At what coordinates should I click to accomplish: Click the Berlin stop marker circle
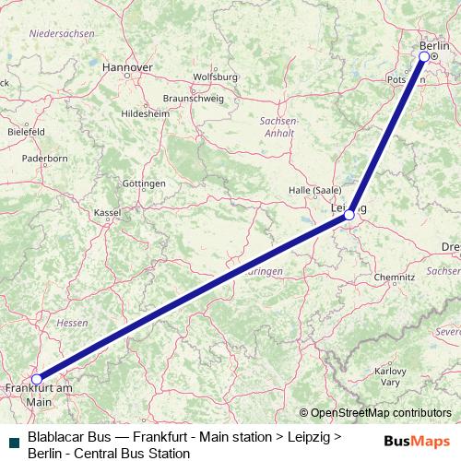(424, 56)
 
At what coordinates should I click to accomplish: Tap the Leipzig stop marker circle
(349, 215)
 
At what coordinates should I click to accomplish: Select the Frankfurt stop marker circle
(37, 379)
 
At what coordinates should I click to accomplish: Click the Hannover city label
(127, 67)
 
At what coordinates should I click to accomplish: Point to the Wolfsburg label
(217, 77)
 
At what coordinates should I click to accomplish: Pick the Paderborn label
(44, 159)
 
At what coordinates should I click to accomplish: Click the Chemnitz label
(395, 277)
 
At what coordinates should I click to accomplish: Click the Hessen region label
(72, 324)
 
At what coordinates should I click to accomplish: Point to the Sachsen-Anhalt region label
(278, 126)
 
